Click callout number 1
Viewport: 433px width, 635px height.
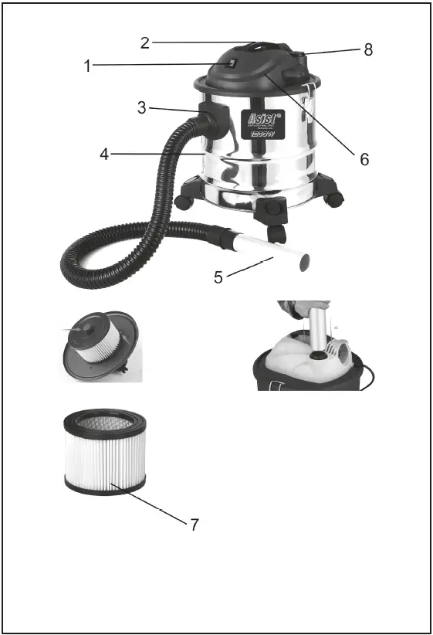88,66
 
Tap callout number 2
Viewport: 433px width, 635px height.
145,42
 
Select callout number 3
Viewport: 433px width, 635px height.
141,107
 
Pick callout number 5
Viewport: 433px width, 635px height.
218,277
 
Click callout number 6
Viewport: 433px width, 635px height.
364,159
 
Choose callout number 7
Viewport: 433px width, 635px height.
195,525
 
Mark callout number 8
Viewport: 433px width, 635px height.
368,49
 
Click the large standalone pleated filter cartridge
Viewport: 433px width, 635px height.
105,452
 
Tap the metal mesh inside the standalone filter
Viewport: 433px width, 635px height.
105,423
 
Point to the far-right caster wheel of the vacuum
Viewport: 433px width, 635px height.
334,199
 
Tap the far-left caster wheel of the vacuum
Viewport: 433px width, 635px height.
184,202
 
